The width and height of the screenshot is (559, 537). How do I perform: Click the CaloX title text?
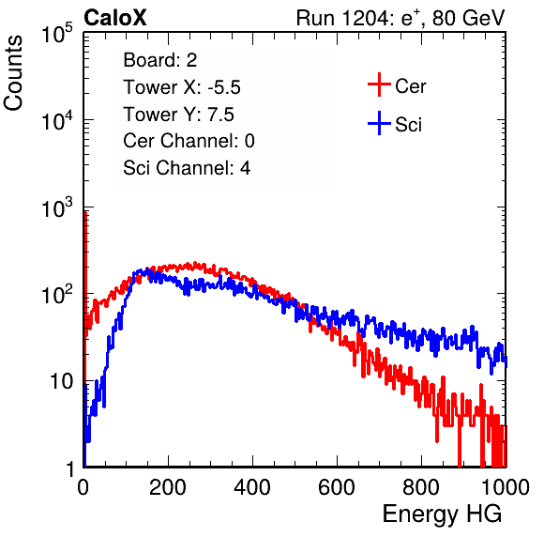point(115,18)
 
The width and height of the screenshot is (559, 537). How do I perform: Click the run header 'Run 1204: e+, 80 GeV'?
point(400,18)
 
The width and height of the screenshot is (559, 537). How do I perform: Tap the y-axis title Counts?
point(13,73)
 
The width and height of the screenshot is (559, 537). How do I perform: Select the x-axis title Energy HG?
point(442,514)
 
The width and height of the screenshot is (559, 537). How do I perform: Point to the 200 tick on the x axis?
point(168,487)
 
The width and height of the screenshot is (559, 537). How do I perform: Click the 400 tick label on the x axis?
point(252,487)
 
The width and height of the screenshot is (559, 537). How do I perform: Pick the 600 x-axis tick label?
point(337,487)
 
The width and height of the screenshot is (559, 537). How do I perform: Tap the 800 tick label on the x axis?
point(421,487)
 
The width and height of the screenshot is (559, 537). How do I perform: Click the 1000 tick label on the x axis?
point(506,487)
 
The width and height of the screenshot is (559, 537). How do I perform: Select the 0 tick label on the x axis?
point(83,487)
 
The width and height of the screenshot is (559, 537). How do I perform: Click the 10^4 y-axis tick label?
point(57,120)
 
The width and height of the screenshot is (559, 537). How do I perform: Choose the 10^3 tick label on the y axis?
point(57,207)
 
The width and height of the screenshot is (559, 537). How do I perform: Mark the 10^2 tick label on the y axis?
point(57,295)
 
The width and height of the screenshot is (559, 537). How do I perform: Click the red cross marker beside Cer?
point(379,84)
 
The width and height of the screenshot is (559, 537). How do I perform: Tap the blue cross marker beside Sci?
point(379,123)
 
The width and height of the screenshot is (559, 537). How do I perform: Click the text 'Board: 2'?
point(160,60)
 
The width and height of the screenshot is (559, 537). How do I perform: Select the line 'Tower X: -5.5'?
point(182,87)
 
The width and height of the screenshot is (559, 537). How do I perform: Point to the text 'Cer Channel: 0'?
point(189,141)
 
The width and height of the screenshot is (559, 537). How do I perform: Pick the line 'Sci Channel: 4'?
point(187,168)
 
